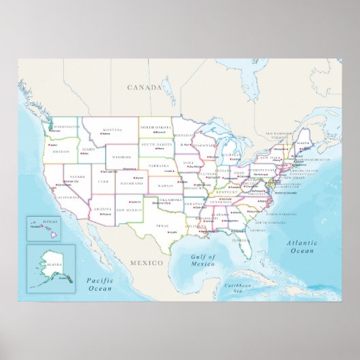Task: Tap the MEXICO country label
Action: coord(147,262)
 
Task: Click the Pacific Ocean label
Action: coord(98,284)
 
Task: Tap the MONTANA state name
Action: coord(111,129)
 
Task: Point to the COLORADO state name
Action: coord(132,183)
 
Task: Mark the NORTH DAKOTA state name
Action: coord(156,128)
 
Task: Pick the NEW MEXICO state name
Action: coord(128,210)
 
